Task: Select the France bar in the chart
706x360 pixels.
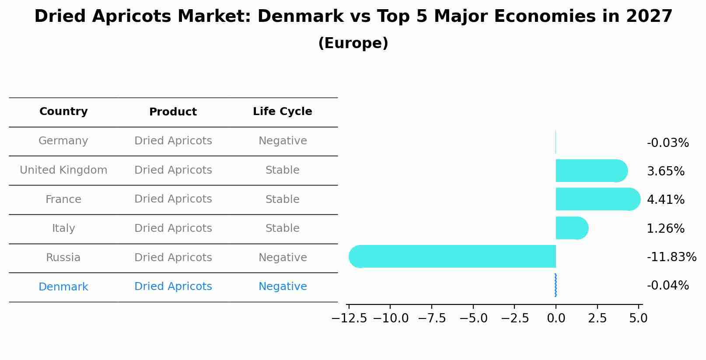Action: tap(598, 199)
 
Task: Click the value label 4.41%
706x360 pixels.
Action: tap(665, 200)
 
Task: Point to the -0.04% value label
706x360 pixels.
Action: tap(668, 286)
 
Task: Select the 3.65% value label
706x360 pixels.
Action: tap(665, 171)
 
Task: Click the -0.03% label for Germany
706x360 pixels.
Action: tap(668, 143)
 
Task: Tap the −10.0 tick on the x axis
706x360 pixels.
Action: tap(391, 318)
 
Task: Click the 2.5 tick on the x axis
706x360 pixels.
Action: tap(597, 318)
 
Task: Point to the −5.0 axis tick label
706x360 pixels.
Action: tap(473, 318)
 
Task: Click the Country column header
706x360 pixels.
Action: tap(63, 112)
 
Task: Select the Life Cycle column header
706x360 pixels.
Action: tap(283, 112)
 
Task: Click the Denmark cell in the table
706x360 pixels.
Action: tap(63, 287)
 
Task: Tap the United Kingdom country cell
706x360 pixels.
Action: tap(63, 170)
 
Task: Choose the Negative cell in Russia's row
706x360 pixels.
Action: tap(283, 258)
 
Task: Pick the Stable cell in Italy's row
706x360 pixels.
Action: tap(283, 228)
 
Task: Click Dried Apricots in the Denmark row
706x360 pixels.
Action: tap(173, 287)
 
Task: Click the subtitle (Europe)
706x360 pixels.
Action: tap(353, 43)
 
